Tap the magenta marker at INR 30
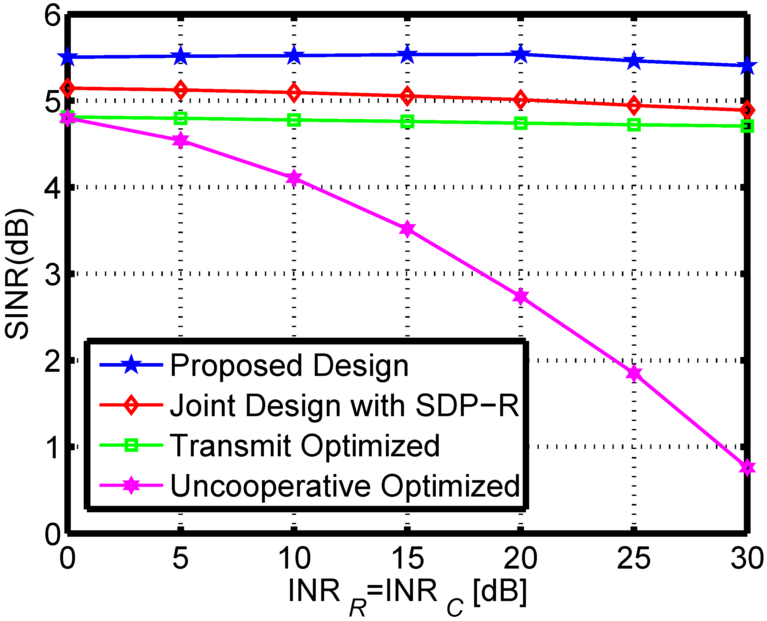(747, 468)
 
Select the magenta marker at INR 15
(407, 229)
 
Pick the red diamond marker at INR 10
(294, 93)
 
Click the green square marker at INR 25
(634, 125)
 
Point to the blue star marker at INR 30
(747, 66)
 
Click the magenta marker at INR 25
(634, 373)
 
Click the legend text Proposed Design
(289, 366)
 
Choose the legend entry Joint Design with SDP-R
(344, 406)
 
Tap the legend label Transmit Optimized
(304, 446)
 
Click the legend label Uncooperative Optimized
(345, 486)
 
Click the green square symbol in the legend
(131, 445)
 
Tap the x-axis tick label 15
(407, 558)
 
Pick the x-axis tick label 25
(633, 558)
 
